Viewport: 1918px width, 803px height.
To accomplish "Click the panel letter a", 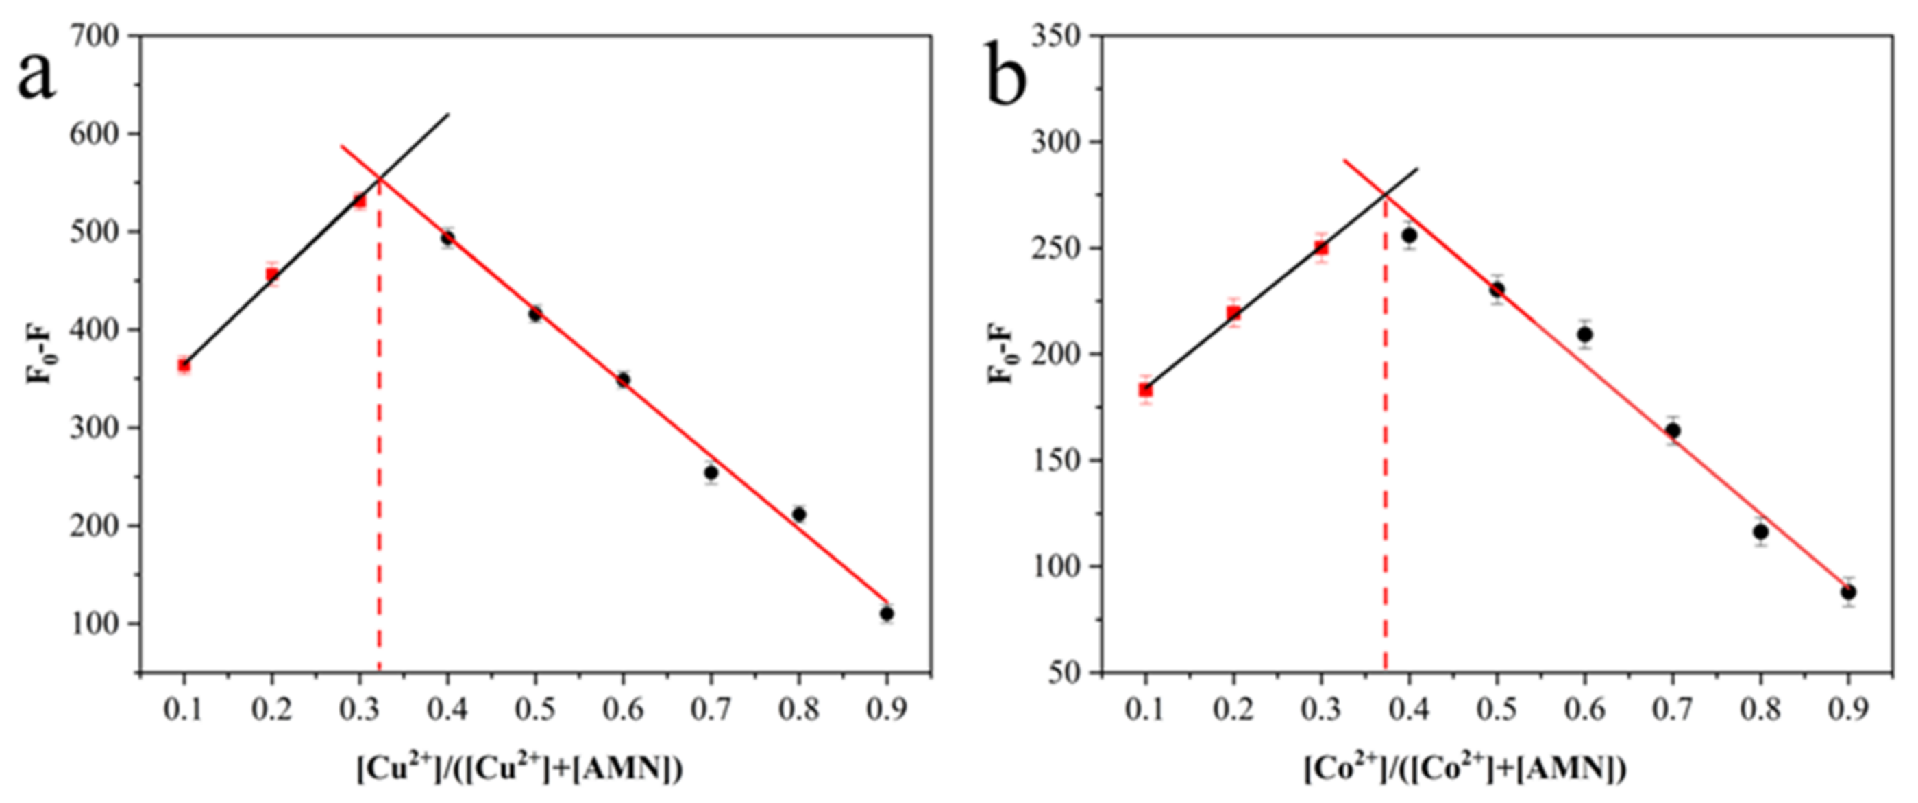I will [x=36, y=77].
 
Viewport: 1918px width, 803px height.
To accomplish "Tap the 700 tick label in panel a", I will [x=94, y=35].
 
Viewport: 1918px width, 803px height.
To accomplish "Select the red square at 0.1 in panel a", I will [x=184, y=365].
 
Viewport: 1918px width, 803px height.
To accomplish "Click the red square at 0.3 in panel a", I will [x=360, y=200].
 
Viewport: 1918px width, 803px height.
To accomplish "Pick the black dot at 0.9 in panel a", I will [x=886, y=614].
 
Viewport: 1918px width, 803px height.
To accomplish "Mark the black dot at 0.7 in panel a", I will [x=711, y=472].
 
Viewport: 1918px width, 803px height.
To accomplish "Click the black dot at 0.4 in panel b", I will [x=1409, y=235].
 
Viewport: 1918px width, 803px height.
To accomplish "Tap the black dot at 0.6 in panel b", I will [x=1584, y=335].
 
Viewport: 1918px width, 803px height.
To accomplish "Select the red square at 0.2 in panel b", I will [x=1233, y=313].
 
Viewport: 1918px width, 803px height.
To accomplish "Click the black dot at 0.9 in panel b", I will [x=1848, y=592].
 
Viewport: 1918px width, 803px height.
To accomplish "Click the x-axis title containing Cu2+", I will [x=519, y=769].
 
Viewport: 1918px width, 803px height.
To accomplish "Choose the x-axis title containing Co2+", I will [x=1464, y=769].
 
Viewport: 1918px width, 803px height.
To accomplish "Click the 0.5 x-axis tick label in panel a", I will [x=534, y=710].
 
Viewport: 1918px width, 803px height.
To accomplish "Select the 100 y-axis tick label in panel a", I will [x=94, y=623].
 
